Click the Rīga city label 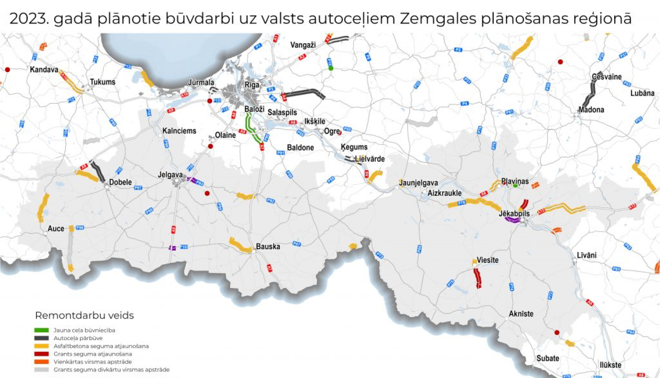pyautogui.click(x=252, y=85)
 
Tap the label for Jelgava pyautogui.click(x=170, y=175)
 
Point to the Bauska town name pyautogui.click(x=268, y=247)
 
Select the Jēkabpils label pyautogui.click(x=514, y=214)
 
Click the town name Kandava pyautogui.click(x=44, y=69)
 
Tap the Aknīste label pyautogui.click(x=521, y=314)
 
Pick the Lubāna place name pyautogui.click(x=642, y=93)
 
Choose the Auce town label pyautogui.click(x=55, y=229)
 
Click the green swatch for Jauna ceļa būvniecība pyautogui.click(x=41, y=330)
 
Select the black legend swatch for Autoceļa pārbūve pyautogui.click(x=41, y=338)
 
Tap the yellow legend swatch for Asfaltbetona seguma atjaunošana pyautogui.click(x=41, y=346)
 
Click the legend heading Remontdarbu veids pyautogui.click(x=84, y=316)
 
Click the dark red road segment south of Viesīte pyautogui.click(x=477, y=278)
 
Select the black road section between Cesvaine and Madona pyautogui.click(x=590, y=93)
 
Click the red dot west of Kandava pyautogui.click(x=7, y=69)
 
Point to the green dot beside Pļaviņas pyautogui.click(x=515, y=185)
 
